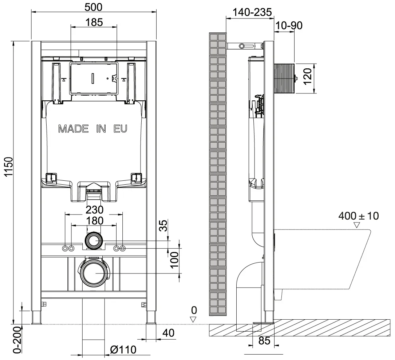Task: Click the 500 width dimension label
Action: [x=94, y=7]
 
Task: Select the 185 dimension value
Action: [x=94, y=23]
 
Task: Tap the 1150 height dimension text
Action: [x=8, y=167]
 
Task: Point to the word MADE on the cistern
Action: [x=73, y=129]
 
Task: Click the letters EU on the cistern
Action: [x=121, y=129]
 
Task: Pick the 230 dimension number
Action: [x=94, y=209]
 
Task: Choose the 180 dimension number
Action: [x=94, y=221]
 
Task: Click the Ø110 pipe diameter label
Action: [x=123, y=349]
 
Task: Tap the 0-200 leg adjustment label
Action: [x=17, y=340]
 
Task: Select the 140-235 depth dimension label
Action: [x=252, y=12]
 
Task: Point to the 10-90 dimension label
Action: [x=289, y=25]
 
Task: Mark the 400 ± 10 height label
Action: [x=359, y=216]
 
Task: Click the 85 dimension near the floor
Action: [x=264, y=341]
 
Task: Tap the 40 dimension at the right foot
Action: [x=168, y=333]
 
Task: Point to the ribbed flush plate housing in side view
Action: [x=284, y=79]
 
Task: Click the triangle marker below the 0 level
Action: [x=193, y=320]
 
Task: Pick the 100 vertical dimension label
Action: [x=174, y=260]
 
